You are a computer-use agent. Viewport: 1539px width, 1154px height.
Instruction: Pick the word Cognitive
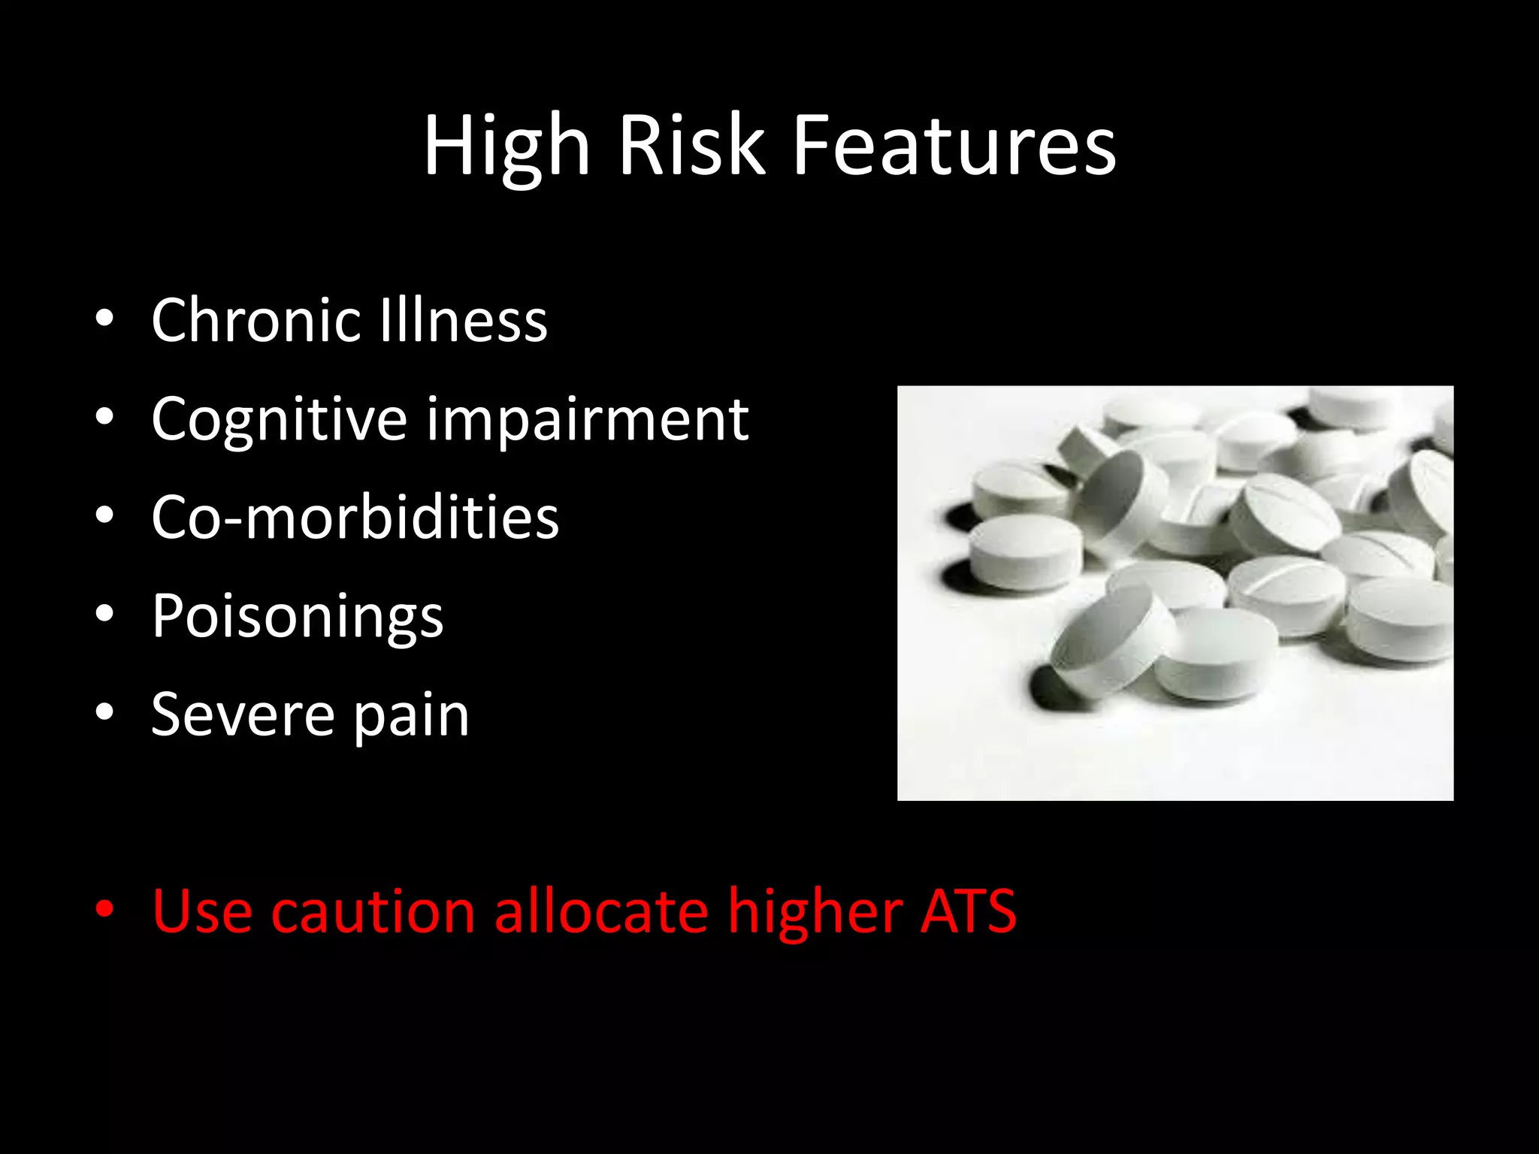pos(279,419)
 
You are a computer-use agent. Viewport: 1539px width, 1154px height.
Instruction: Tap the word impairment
pos(588,419)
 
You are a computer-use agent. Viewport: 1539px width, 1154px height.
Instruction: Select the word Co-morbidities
pos(355,518)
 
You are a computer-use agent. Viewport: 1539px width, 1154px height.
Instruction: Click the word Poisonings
pos(298,617)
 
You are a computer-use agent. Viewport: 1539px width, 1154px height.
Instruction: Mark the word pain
pos(411,716)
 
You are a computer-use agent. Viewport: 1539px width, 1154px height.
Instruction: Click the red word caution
pos(373,911)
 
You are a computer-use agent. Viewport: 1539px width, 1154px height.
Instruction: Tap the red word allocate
pos(601,911)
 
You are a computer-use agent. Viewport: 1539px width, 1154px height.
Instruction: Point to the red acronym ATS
pos(969,911)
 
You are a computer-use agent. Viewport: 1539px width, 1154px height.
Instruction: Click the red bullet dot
pos(104,910)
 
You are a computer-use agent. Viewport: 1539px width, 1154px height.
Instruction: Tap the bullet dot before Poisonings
pos(104,615)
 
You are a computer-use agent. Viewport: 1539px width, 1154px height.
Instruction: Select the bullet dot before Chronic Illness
pos(104,319)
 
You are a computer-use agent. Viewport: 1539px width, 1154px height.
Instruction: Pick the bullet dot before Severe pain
pos(104,713)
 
